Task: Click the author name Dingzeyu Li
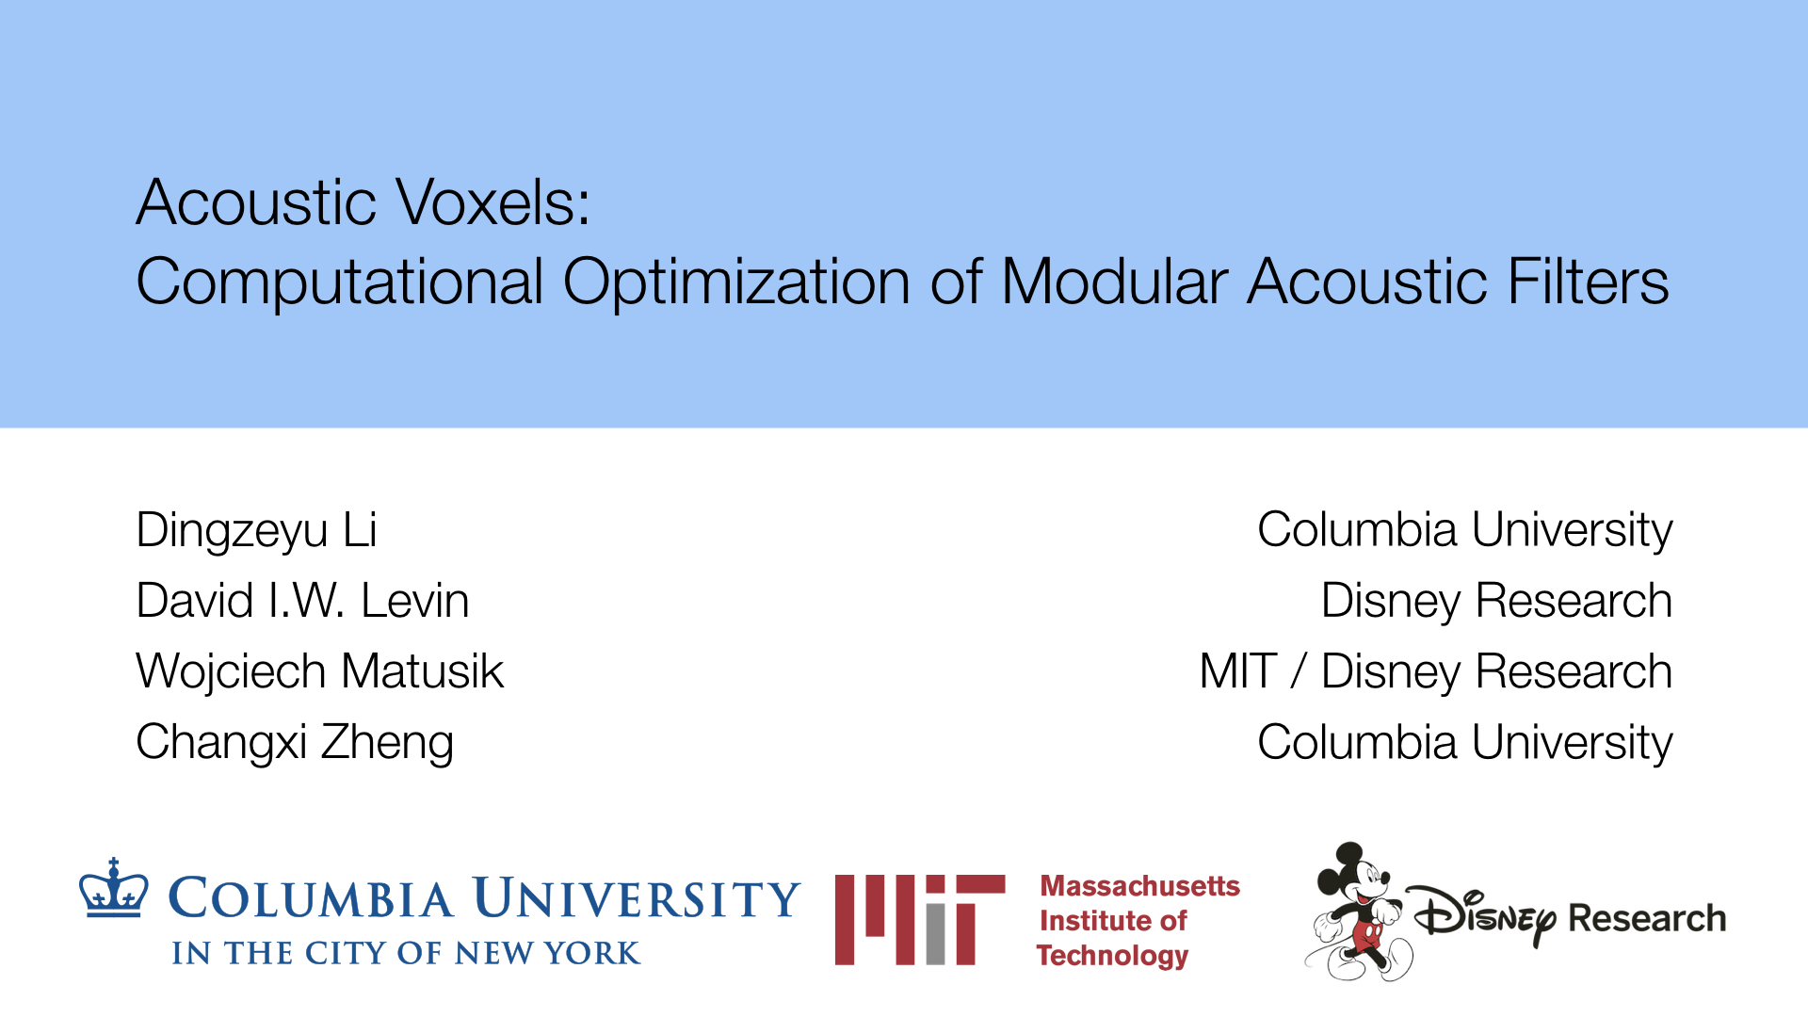256,531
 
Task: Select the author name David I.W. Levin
302,601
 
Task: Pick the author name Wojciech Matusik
320,672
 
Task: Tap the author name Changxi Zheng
295,743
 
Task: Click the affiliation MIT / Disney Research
1436,672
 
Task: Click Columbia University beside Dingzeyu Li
1465,530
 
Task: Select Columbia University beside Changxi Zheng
1465,743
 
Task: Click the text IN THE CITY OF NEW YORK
406,953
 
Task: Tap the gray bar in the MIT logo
934,933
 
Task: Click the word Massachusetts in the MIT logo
1139,886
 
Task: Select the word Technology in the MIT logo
1112,956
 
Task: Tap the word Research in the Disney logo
1647,918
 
